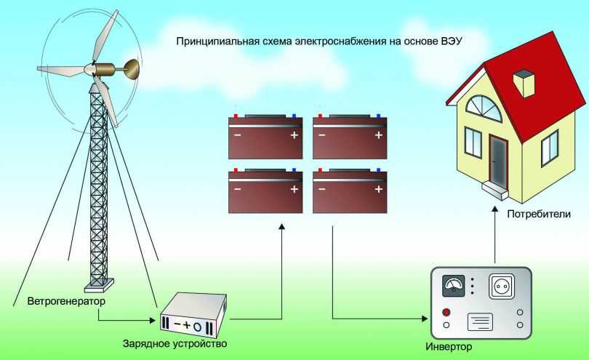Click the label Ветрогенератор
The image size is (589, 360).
pos(66,300)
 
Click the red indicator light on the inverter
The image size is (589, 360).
pos(445,311)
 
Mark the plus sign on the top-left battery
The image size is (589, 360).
pos(294,136)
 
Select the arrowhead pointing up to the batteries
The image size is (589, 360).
pos(281,228)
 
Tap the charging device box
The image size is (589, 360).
pos(193,315)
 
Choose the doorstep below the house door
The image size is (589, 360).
pos(497,192)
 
